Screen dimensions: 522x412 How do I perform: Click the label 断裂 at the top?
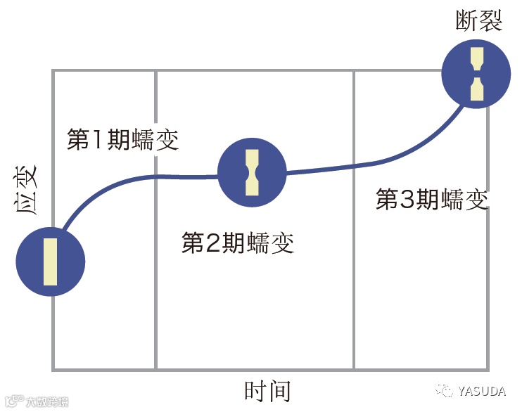[x=479, y=22]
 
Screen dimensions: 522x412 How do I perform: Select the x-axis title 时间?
[x=267, y=391]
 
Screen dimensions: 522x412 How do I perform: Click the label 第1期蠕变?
[x=122, y=139]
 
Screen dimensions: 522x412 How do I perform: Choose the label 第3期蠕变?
[x=432, y=200]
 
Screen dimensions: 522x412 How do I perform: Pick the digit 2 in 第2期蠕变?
[x=212, y=243]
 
